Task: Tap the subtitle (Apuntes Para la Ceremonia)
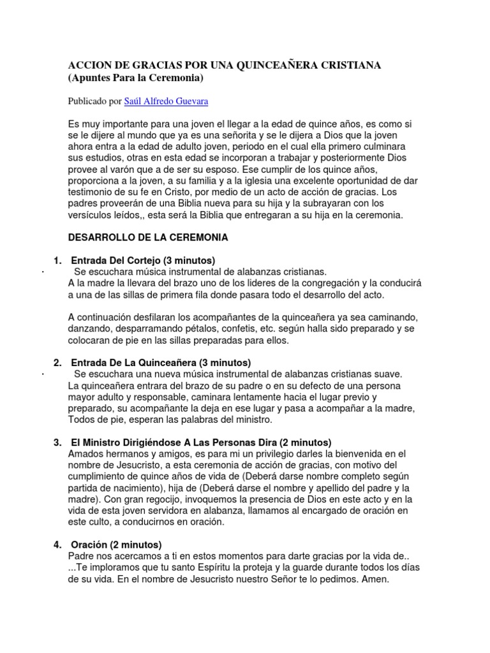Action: coord(135,78)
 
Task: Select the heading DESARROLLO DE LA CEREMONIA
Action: coord(148,237)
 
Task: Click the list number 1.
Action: coord(57,260)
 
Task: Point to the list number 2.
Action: coord(57,363)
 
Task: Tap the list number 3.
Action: coord(57,442)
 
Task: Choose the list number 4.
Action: coord(57,545)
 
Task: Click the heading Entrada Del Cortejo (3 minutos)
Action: coord(143,260)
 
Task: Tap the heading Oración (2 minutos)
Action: coord(116,545)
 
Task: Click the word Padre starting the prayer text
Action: coord(81,556)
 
